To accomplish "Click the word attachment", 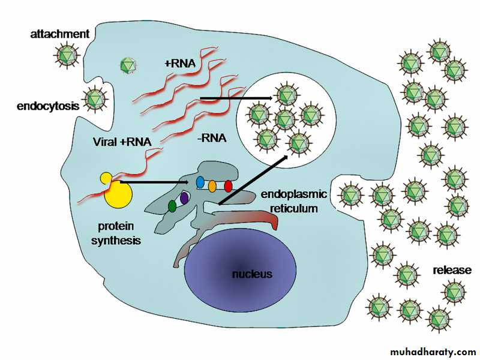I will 59,34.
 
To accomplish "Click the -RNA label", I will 212,139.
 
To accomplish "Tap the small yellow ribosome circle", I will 106,178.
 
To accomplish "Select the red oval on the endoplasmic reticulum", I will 228,186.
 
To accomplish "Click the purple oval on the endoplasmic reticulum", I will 185,197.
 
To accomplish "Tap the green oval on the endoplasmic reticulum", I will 172,206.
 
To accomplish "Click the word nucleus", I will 253,274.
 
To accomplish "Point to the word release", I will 452,270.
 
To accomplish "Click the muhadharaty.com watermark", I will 433,351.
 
